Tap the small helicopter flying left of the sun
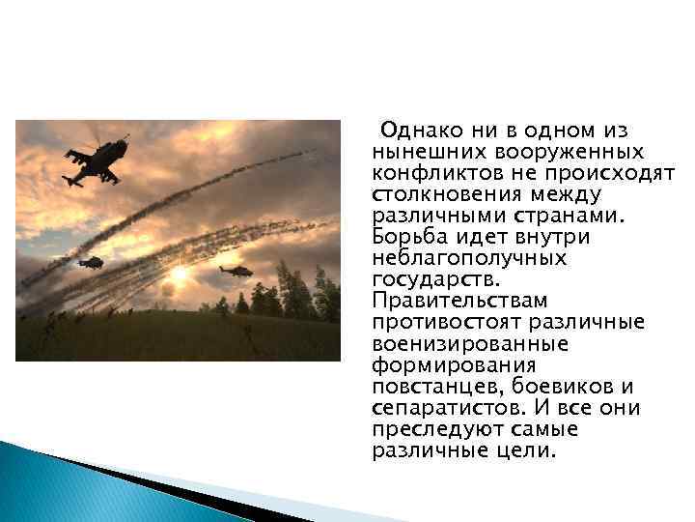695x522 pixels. pos(91,262)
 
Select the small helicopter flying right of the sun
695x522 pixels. pos(235,271)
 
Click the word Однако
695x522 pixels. pos(414,130)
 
